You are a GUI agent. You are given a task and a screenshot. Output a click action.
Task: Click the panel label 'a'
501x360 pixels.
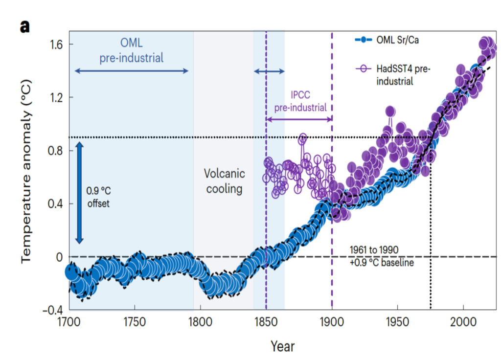click(x=24, y=25)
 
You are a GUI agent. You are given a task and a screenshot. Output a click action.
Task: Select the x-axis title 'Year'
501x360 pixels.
click(x=282, y=346)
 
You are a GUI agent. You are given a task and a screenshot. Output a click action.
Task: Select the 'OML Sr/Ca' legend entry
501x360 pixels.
click(x=397, y=40)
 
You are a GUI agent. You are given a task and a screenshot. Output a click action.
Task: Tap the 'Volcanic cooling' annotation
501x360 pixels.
click(x=224, y=181)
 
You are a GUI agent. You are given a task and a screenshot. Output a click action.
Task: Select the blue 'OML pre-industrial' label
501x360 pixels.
click(x=132, y=50)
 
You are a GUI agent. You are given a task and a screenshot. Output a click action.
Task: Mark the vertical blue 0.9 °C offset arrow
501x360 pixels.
click(x=80, y=192)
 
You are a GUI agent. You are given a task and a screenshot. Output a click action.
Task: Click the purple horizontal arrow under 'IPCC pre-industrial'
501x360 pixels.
click(x=299, y=119)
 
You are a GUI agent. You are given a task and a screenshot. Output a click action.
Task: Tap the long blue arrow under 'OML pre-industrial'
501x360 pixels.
click(x=131, y=71)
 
